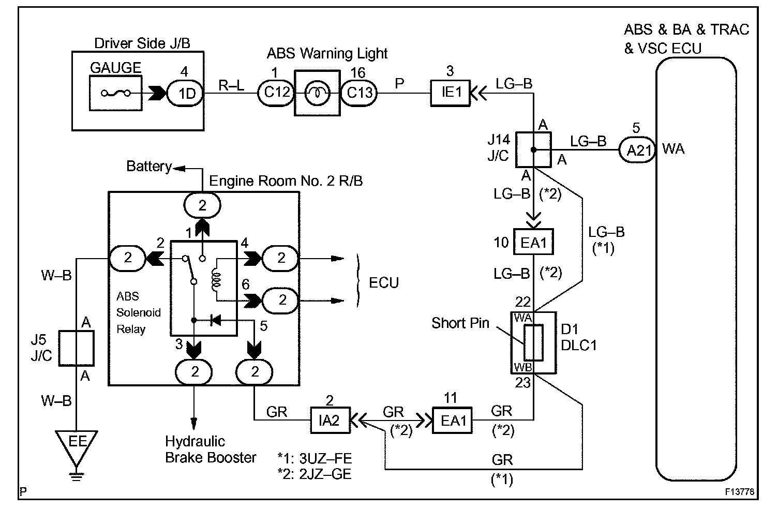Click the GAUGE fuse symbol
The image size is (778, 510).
point(115,93)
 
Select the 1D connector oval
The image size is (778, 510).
point(186,94)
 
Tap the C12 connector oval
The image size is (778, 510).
point(276,93)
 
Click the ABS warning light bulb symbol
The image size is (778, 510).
point(317,93)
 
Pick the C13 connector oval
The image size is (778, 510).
point(359,93)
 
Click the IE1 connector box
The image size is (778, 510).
point(450,93)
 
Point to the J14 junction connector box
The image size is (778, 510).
point(533,149)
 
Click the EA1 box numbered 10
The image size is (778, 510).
point(533,242)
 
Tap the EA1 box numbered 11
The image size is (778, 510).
point(452,421)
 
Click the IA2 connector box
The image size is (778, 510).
point(331,421)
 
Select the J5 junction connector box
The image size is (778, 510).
point(76,348)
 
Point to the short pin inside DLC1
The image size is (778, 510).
point(533,342)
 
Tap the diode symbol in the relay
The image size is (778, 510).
point(216,320)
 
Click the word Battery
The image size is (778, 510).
point(149,166)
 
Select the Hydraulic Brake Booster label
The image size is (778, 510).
point(211,449)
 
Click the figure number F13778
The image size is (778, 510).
point(739,491)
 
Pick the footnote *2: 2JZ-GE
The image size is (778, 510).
point(315,474)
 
